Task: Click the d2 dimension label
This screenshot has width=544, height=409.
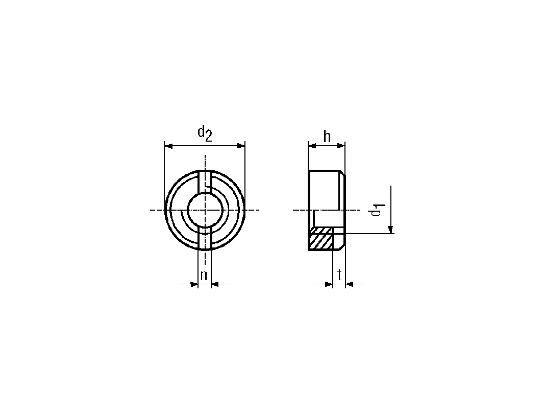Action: coord(205,134)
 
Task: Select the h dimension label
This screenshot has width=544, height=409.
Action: coord(327,137)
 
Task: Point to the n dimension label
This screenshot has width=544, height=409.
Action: coord(204,276)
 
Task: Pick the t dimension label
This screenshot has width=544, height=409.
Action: coord(339,275)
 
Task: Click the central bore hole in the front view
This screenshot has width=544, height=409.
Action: coord(205,210)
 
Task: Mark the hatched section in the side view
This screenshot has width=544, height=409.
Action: coord(321,238)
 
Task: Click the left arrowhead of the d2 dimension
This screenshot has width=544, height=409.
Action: coord(168,146)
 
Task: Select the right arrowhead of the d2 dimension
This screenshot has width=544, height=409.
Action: coord(241,146)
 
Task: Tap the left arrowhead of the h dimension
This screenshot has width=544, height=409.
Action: coord(312,146)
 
